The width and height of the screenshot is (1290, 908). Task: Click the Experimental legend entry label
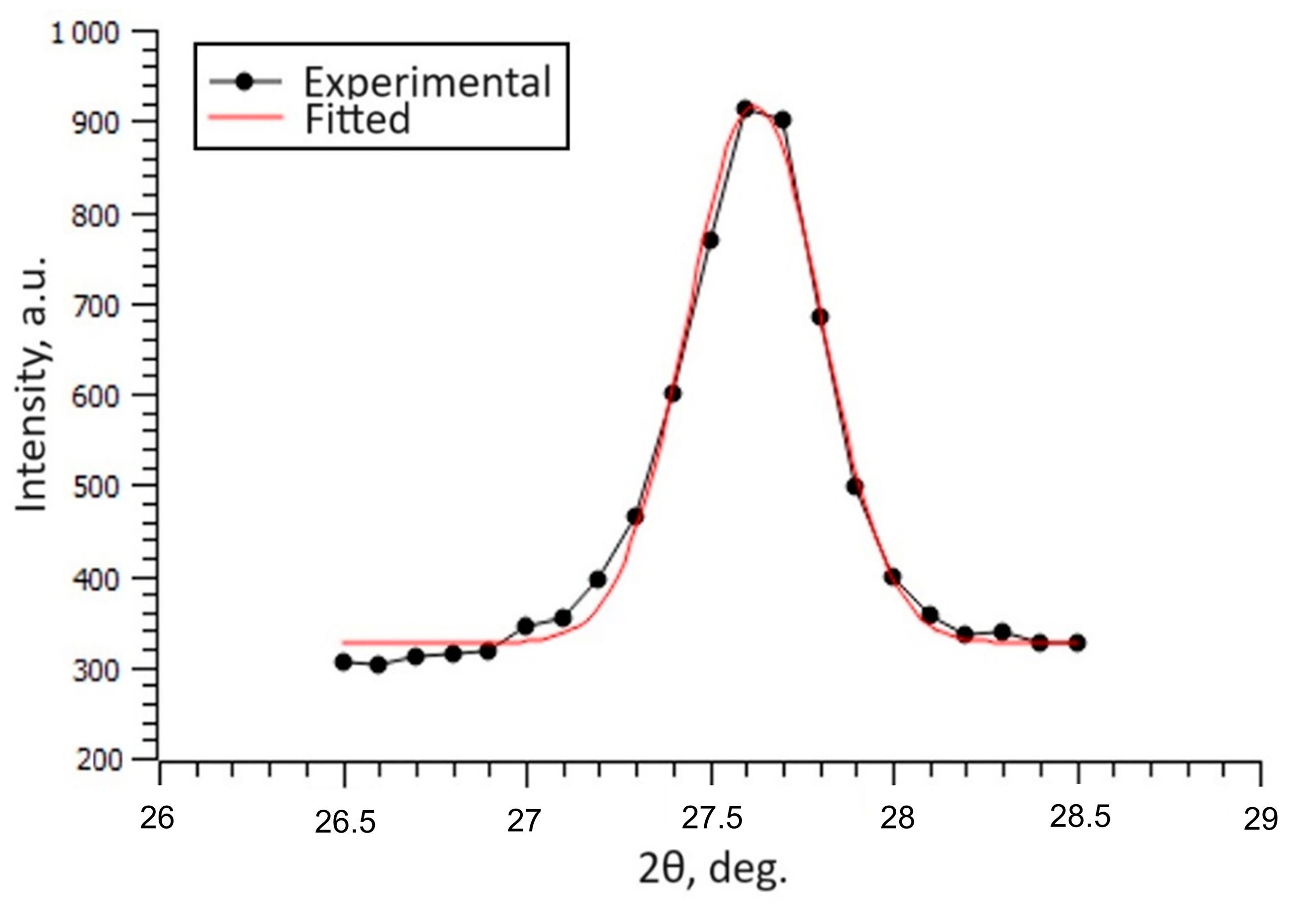click(x=427, y=82)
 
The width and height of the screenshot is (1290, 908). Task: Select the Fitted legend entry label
click(x=357, y=119)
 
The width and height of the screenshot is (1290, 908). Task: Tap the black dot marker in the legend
click(x=245, y=81)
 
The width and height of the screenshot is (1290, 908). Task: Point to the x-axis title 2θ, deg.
click(x=712, y=868)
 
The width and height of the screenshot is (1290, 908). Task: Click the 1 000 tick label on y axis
click(x=85, y=34)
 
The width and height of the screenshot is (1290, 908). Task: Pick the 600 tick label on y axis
click(x=96, y=396)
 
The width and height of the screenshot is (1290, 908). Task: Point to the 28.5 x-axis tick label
click(x=1079, y=817)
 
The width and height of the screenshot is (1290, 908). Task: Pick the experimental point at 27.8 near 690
click(x=820, y=317)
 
